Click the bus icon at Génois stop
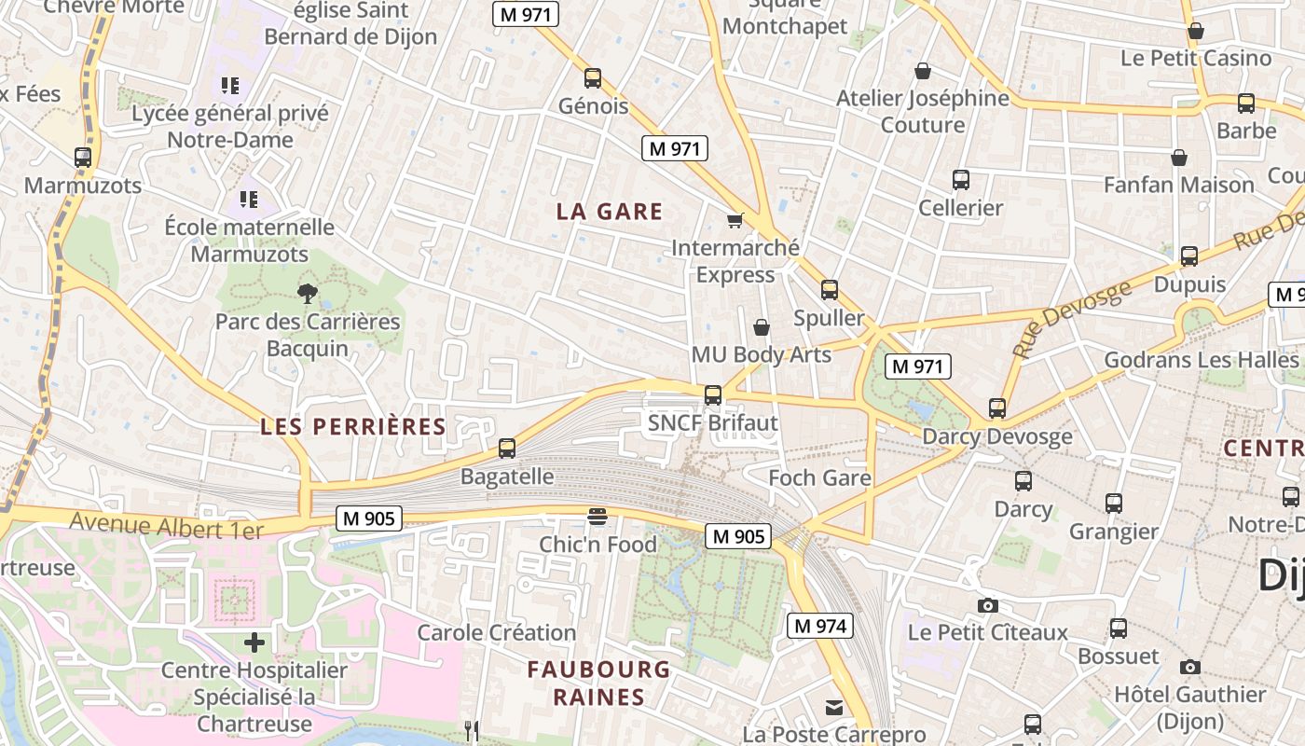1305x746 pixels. point(592,78)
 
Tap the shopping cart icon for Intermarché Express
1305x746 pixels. point(735,221)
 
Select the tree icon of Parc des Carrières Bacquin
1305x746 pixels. point(307,295)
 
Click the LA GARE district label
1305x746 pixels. point(610,212)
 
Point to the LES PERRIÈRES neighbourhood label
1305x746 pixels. point(353,427)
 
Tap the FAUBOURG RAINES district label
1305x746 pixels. point(598,683)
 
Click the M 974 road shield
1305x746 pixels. point(820,626)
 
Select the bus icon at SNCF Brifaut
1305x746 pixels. point(713,395)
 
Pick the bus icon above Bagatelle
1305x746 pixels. point(507,449)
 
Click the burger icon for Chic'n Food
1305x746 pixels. point(598,517)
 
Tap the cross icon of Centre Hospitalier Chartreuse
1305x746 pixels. point(254,642)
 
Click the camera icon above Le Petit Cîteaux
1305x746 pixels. point(988,606)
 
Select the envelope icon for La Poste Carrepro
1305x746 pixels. point(834,708)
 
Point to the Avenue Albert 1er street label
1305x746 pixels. point(167,525)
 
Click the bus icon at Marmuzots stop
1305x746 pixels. point(83,158)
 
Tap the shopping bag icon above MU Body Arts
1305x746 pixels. point(762,327)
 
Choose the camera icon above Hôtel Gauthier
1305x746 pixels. point(1190,667)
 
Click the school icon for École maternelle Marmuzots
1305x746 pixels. point(248,199)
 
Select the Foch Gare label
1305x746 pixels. point(819,478)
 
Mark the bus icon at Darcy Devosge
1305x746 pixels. point(997,408)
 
